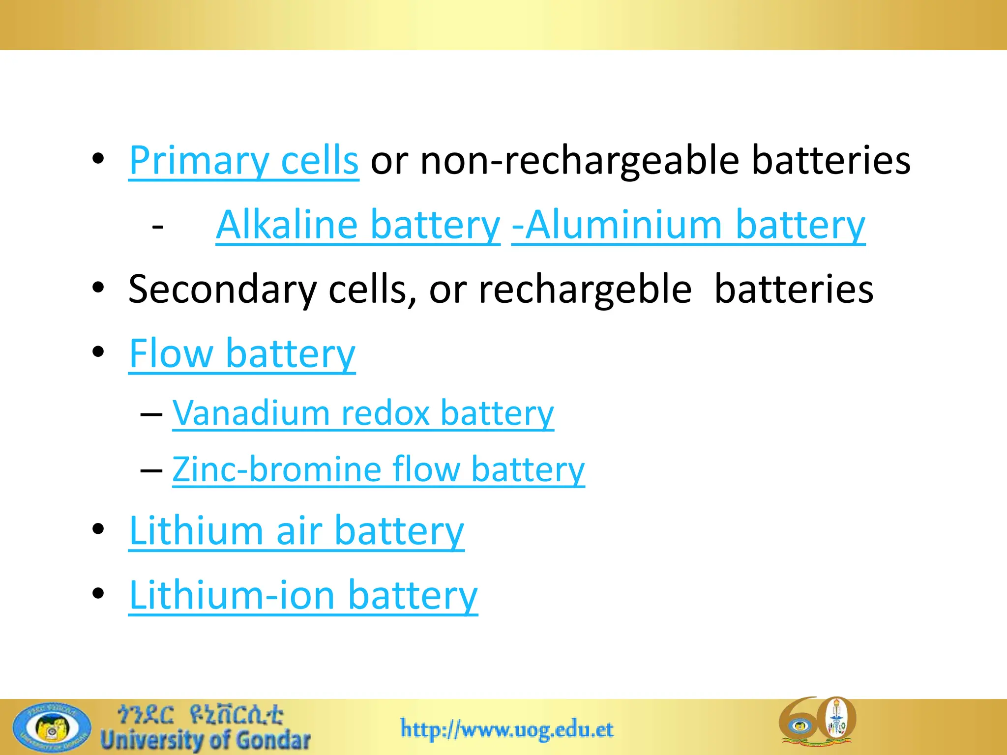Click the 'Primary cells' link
[243, 161]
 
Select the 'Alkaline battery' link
[358, 225]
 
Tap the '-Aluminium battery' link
[688, 225]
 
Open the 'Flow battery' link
[242, 353]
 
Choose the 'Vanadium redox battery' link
[363, 413]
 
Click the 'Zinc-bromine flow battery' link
[378, 469]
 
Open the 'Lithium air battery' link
[296, 531]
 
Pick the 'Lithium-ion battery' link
[303, 595]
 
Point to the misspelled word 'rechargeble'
[585, 290]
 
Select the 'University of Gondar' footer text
[206, 740]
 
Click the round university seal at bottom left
[52, 727]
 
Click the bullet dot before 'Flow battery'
[98, 352]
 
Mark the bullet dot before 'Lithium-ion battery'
[98, 593]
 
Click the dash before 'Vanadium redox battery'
[151, 414]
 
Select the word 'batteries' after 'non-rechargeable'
[831, 161]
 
